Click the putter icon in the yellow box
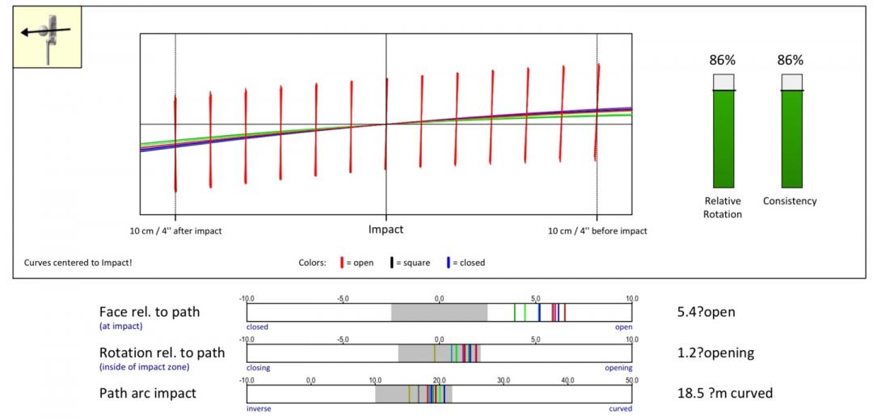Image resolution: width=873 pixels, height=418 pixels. tap(46, 36)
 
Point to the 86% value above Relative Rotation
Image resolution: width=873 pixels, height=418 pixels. tap(722, 61)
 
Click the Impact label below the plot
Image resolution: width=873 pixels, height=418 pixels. tap(386, 230)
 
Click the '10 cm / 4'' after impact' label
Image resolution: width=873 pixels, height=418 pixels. tap(176, 231)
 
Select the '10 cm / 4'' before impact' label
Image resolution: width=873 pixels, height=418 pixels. tap(597, 231)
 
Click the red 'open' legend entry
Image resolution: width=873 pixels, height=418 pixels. tap(357, 263)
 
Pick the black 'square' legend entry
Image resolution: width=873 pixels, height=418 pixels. tap(411, 263)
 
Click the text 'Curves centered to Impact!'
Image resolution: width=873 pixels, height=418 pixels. tap(78, 263)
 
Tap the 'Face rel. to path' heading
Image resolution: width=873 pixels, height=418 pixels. tap(150, 311)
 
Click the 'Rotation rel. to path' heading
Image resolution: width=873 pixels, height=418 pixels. tap(162, 353)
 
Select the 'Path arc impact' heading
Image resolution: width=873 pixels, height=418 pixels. tap(147, 394)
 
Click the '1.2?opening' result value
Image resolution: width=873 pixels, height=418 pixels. tap(715, 353)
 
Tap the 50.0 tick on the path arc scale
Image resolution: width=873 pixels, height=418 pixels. tap(631, 380)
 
